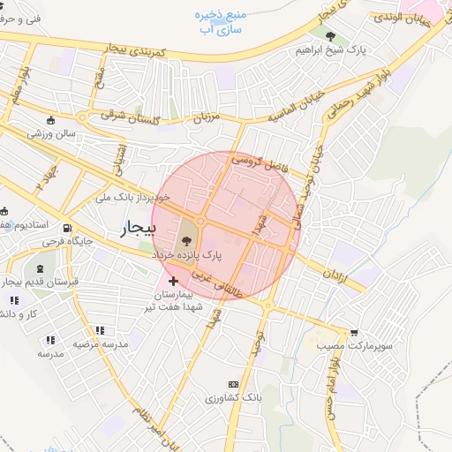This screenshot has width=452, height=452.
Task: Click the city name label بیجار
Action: coord(138,230)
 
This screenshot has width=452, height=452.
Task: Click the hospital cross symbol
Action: coord(172,281)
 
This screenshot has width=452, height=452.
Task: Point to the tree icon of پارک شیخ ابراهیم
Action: coord(330,36)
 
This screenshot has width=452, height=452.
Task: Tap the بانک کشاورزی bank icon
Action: coord(233,384)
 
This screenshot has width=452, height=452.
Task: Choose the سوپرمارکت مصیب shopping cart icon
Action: coord(354,333)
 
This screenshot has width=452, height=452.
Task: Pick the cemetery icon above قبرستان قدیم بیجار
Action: coord(41,267)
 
